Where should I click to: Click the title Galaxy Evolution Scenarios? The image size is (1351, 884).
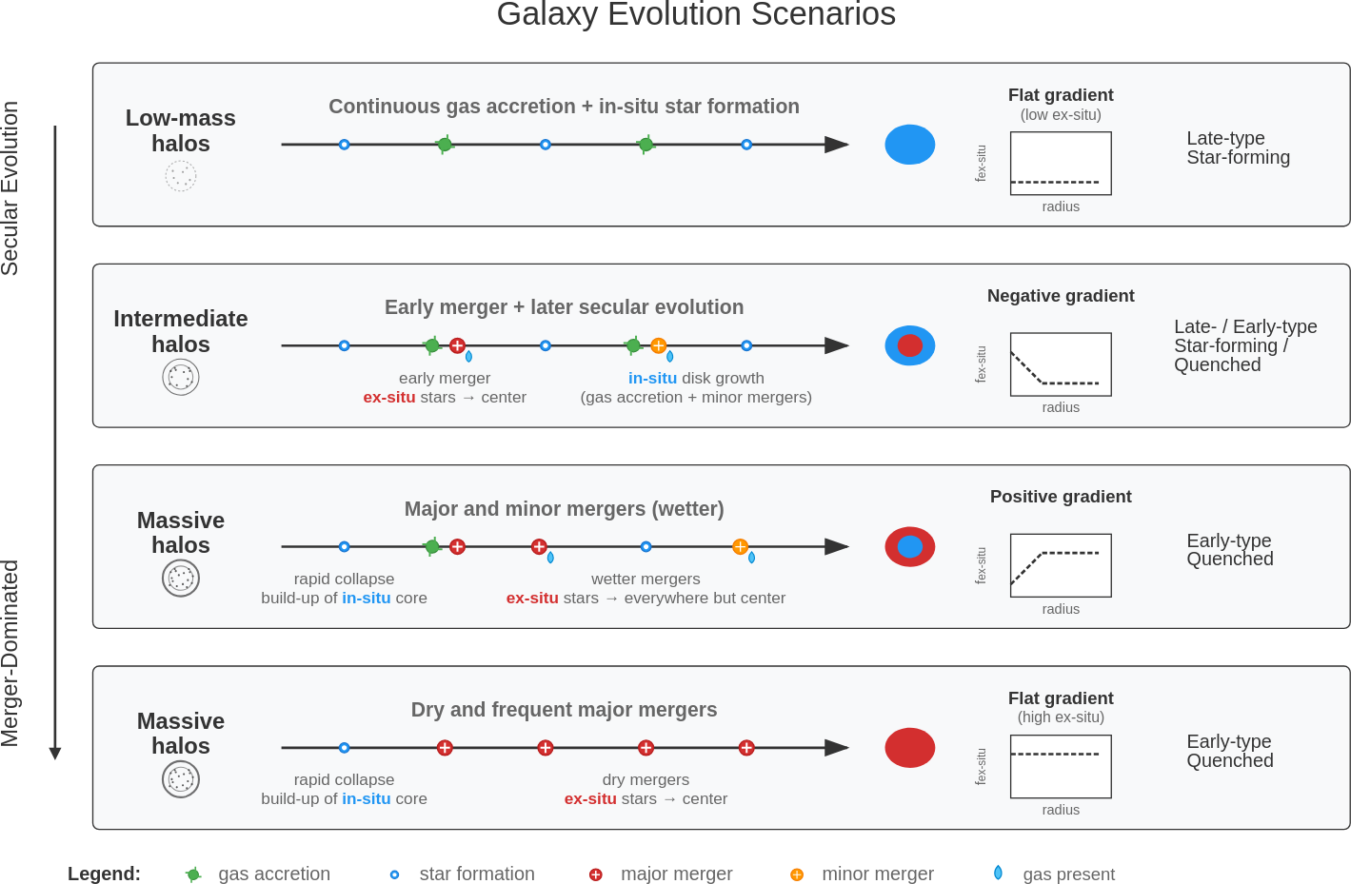coord(696,14)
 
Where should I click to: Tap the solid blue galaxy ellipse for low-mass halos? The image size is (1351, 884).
coord(909,145)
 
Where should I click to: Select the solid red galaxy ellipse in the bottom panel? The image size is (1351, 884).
coord(909,748)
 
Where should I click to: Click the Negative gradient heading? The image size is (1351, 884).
coord(1061,296)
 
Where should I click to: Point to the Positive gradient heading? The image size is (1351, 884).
coord(1061,497)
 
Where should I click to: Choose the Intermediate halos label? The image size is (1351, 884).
coord(181,331)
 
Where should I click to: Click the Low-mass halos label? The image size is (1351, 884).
coord(181,130)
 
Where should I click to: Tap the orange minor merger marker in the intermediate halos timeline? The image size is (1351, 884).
coord(658,345)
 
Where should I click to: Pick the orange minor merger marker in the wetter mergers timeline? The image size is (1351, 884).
coord(740,546)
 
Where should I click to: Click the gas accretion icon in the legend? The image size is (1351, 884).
coord(193,874)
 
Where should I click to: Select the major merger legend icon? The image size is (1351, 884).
coord(595,874)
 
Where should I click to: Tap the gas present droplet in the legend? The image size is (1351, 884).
coord(998,873)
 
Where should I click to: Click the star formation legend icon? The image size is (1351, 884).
coord(394,874)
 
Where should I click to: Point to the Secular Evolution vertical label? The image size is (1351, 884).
coord(10,188)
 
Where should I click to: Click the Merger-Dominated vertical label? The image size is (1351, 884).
coord(10,653)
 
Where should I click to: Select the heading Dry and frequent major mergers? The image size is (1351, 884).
coord(564,710)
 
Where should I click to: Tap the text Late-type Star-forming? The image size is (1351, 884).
coord(1238,148)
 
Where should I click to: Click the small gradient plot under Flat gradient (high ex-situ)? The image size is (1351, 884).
coord(1061,766)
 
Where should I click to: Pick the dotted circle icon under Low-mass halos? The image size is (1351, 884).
coord(181,176)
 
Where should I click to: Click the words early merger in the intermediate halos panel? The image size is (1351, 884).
coord(445,379)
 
